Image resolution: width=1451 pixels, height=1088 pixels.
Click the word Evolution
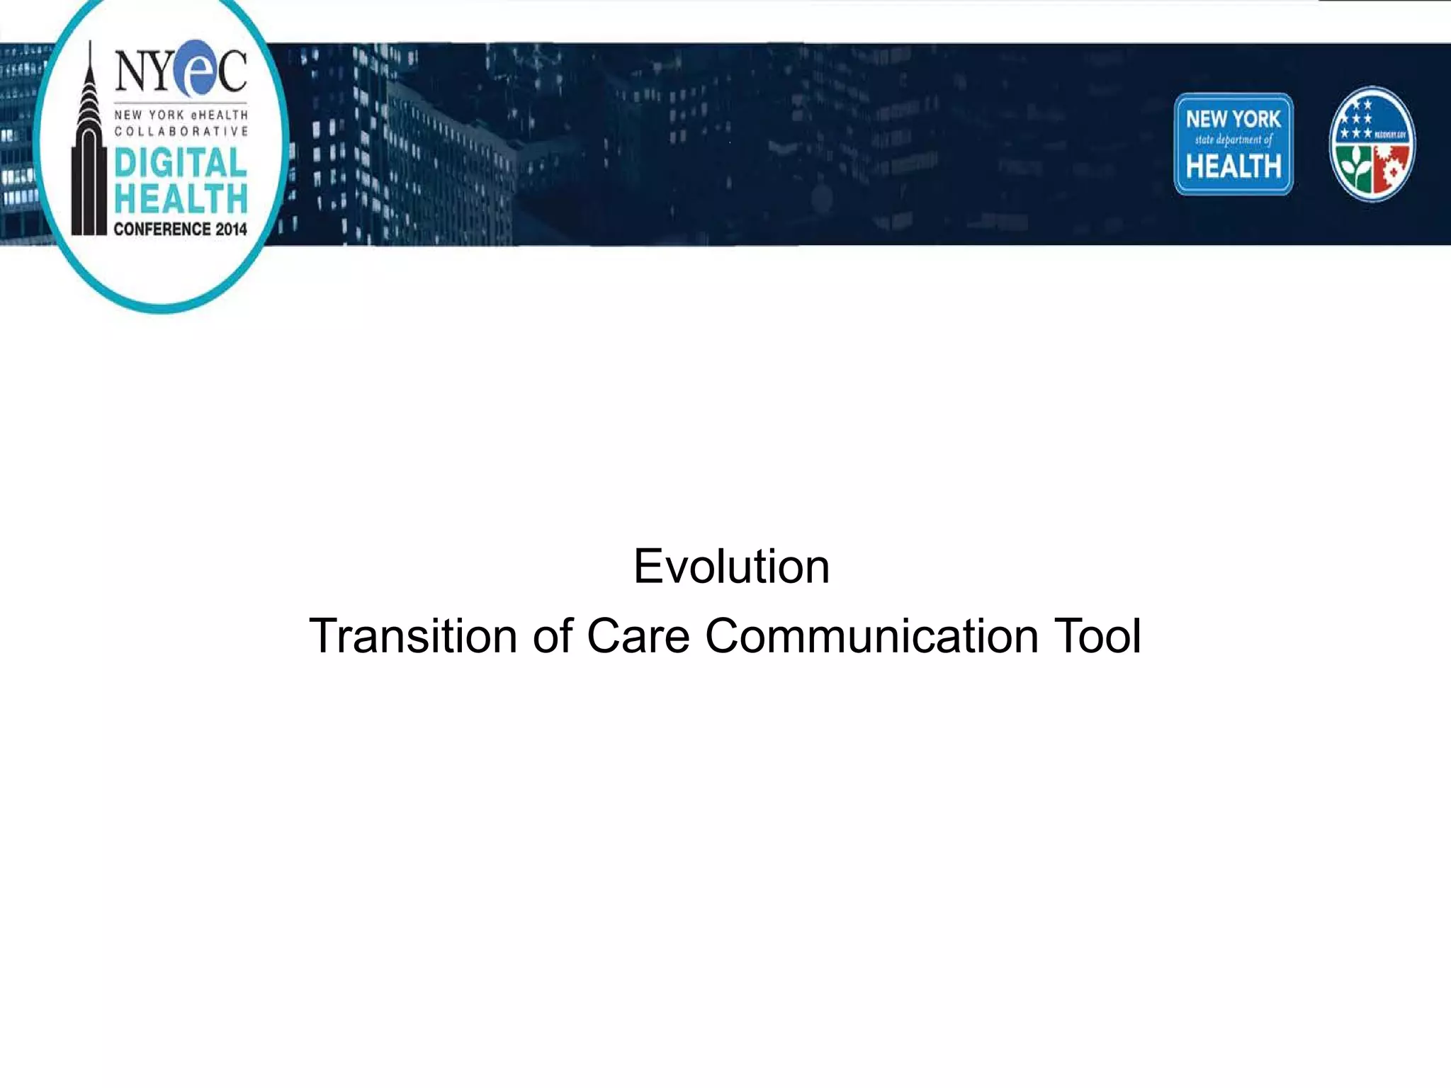731,567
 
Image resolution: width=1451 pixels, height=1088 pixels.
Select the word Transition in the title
412,636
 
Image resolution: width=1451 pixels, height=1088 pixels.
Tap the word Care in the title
638,636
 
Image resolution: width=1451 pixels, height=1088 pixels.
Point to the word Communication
871,636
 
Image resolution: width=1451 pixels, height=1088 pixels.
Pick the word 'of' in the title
553,636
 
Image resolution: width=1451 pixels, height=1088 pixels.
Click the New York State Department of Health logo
1233,144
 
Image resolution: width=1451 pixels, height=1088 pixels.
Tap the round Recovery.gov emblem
1372,144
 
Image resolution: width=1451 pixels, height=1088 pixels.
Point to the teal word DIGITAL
181,163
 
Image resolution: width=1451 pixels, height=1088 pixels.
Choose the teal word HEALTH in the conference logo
181,198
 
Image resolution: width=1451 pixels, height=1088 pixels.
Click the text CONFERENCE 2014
180,229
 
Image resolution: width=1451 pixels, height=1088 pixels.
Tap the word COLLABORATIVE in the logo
181,131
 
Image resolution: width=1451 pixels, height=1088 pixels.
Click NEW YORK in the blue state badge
1233,118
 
